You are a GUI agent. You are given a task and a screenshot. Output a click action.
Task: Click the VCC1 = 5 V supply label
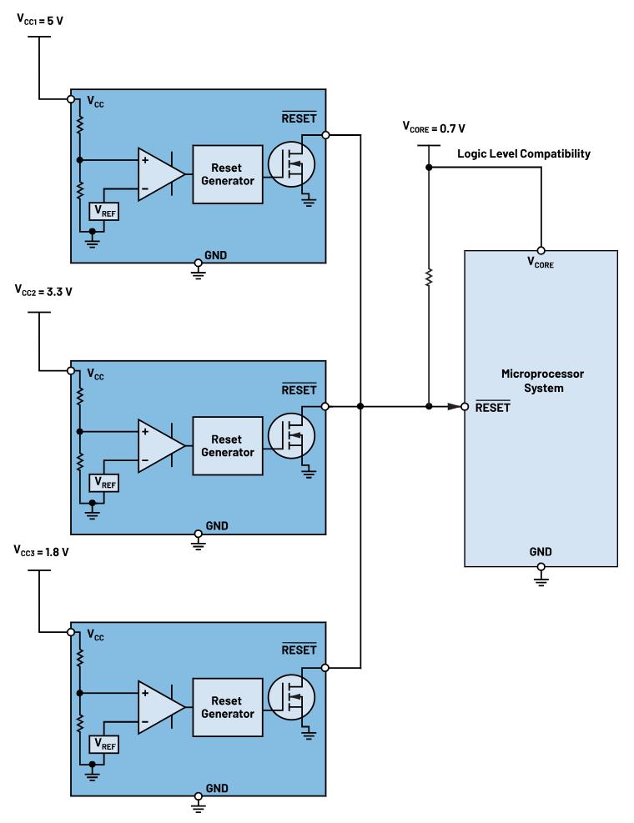pyautogui.click(x=41, y=18)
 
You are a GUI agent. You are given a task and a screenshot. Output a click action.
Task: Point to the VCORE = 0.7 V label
pyautogui.click(x=433, y=128)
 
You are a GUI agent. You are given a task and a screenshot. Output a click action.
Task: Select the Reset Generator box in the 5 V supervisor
pyautogui.click(x=226, y=174)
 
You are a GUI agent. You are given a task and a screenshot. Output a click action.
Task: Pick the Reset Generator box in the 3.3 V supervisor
pyautogui.click(x=226, y=446)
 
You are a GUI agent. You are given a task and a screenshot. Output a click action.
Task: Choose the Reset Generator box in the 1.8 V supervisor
pyautogui.click(x=226, y=707)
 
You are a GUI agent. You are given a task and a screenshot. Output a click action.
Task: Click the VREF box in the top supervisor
pyautogui.click(x=105, y=213)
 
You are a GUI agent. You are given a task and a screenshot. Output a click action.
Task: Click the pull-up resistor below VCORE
pyautogui.click(x=428, y=278)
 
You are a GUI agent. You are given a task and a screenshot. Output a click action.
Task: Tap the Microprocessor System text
pyautogui.click(x=540, y=379)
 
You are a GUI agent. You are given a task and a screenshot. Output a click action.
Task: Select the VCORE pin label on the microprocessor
pyautogui.click(x=541, y=264)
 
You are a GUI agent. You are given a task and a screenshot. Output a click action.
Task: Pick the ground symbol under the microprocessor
pyautogui.click(x=541, y=575)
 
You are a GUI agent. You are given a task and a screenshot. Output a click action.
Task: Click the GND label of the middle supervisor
pyautogui.click(x=215, y=526)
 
